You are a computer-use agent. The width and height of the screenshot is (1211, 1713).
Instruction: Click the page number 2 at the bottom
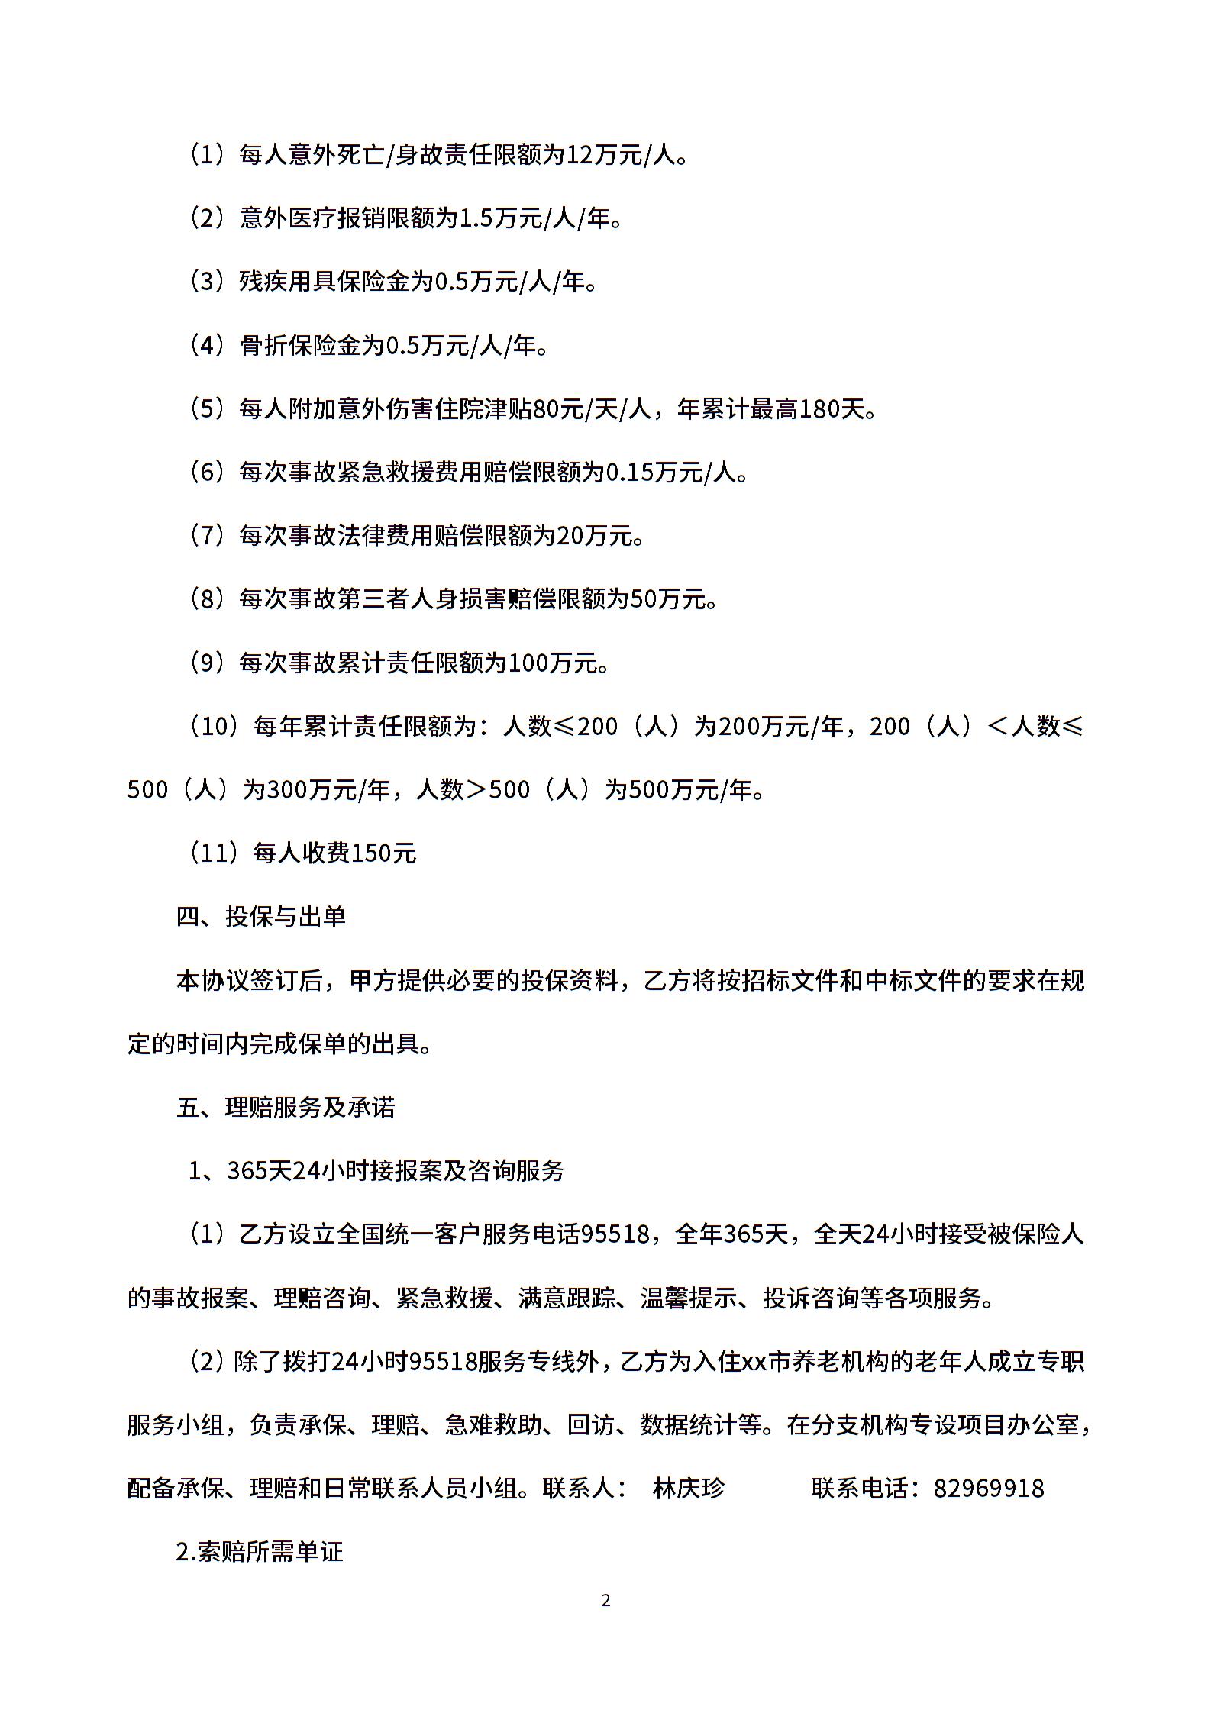click(605, 1600)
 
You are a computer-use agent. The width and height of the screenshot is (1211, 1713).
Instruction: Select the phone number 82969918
click(988, 1489)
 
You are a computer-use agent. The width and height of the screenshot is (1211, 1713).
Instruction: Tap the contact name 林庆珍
click(688, 1489)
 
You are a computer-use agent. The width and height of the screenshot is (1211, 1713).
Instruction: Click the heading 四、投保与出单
click(261, 916)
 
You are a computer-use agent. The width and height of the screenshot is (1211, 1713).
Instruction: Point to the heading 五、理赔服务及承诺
click(286, 1107)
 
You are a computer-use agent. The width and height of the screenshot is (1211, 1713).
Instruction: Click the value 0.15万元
click(654, 473)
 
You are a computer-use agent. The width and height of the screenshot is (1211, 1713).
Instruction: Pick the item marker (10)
click(214, 727)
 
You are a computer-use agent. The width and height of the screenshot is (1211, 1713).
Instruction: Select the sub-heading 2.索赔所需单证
click(260, 1552)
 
